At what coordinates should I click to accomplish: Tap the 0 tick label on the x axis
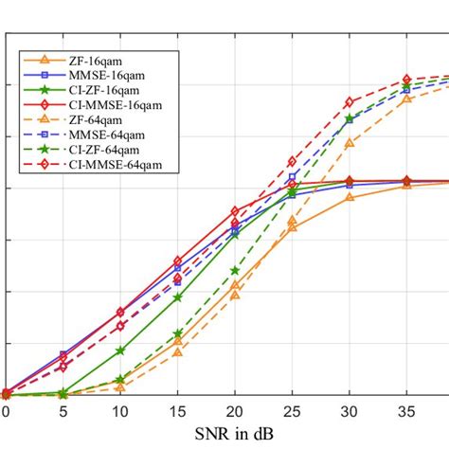[x=6, y=412]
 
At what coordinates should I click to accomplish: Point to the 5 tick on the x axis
[x=63, y=412]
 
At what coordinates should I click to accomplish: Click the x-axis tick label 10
[x=119, y=412]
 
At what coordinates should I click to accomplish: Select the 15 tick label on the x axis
[x=177, y=412]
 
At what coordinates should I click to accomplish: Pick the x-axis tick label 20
[x=235, y=412]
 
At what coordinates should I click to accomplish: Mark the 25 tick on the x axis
[x=292, y=412]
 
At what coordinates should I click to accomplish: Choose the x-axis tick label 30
[x=350, y=412]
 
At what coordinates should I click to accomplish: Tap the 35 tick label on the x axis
[x=406, y=412]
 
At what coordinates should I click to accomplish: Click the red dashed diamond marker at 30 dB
[x=350, y=101]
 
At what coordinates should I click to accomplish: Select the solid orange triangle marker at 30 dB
[x=350, y=196]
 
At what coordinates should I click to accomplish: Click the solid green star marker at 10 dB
[x=119, y=350]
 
